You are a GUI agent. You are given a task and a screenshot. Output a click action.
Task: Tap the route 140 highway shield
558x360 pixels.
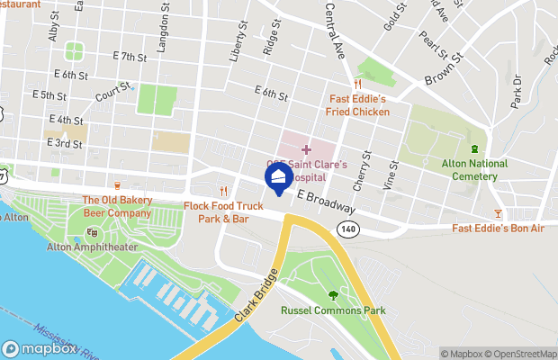(347, 230)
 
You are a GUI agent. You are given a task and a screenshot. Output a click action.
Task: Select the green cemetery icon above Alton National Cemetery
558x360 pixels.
(474, 148)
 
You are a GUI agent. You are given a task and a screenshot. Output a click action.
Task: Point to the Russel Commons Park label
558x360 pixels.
(333, 310)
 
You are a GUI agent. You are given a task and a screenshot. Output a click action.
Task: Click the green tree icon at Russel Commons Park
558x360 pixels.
(333, 294)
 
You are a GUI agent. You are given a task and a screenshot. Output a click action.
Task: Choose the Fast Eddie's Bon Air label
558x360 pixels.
(499, 229)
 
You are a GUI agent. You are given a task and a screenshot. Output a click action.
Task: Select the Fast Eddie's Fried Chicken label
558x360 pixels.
(357, 106)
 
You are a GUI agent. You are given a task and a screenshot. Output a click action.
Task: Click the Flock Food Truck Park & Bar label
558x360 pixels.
(222, 212)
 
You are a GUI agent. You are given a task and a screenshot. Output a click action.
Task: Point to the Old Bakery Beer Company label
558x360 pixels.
(117, 207)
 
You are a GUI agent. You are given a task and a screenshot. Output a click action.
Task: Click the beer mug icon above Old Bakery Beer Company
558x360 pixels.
(117, 186)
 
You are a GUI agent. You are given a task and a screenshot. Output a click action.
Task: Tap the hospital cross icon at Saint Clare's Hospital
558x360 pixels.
(306, 148)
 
